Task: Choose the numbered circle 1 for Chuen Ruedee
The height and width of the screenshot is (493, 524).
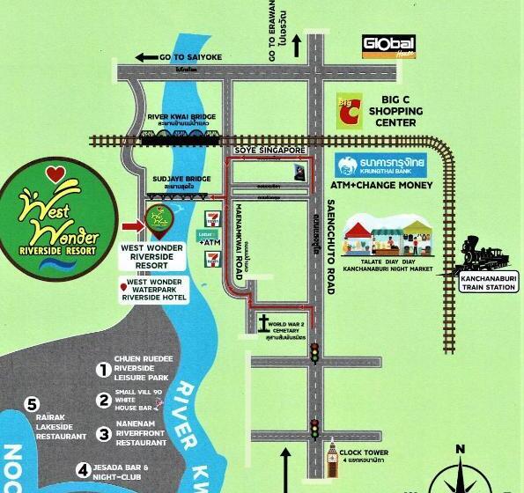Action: coord(104,370)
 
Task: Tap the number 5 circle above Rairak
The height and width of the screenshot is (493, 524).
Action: coord(33,405)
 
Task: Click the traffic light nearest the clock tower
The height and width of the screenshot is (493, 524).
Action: coord(313,430)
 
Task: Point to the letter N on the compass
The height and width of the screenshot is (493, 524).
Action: coord(459,451)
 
